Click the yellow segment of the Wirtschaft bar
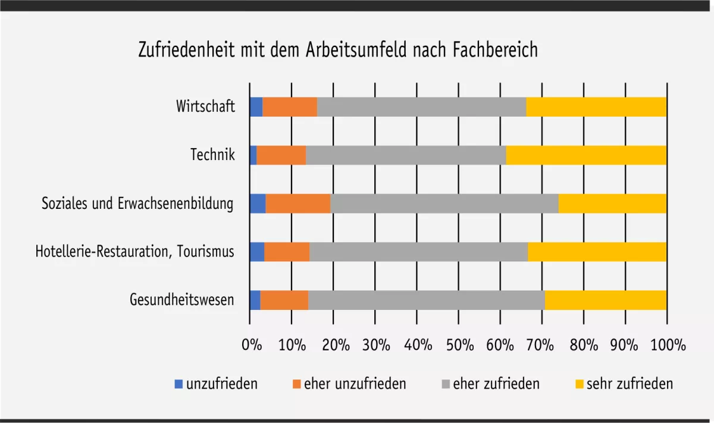coord(596,107)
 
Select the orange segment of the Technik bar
coord(281,155)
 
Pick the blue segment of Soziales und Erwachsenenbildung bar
coord(257,203)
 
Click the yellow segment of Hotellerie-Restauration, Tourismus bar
coord(597,252)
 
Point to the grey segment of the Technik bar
coord(406,155)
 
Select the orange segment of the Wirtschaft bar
coord(289,107)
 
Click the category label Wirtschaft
coord(205,107)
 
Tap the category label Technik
coord(212,155)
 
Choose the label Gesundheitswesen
coord(181,300)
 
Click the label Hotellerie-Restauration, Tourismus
coord(134,252)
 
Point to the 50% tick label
coord(459,346)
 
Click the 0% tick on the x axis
coord(252,346)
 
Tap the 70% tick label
coord(543,346)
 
